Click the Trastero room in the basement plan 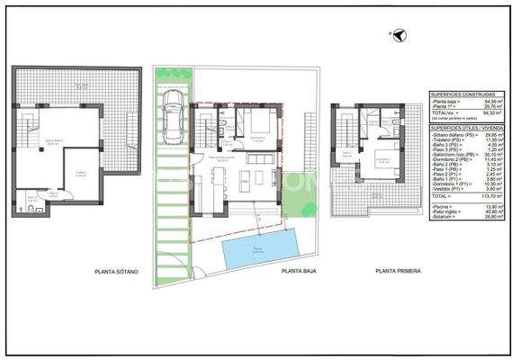[x=80, y=175]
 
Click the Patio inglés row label [x=445, y=211]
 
